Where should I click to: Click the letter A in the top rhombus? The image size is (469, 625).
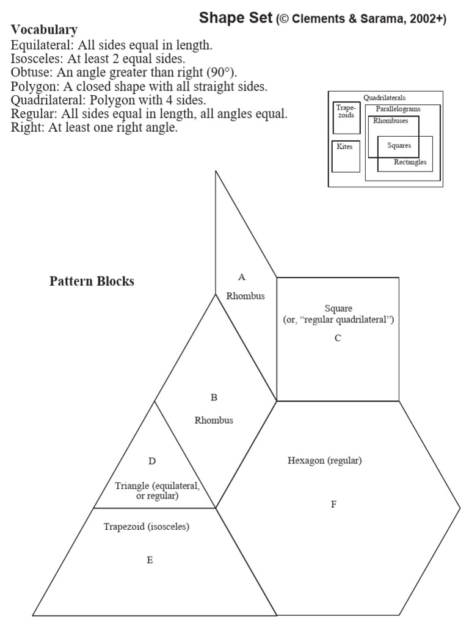(x=242, y=277)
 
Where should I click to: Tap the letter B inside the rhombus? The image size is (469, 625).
(x=214, y=397)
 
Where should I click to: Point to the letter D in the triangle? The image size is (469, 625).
(x=153, y=461)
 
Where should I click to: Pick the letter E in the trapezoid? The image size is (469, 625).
(x=150, y=560)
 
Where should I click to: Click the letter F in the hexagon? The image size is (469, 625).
(x=333, y=505)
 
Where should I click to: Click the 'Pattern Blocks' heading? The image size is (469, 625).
(x=92, y=281)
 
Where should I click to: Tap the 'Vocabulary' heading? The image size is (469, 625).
(x=44, y=29)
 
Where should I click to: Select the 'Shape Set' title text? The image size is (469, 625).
(x=235, y=19)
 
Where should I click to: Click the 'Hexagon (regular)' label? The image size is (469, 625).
(x=325, y=461)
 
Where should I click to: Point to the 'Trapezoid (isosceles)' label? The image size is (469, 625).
(x=146, y=527)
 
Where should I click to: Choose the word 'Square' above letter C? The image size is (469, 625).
(x=338, y=308)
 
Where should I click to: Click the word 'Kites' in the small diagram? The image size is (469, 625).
(x=344, y=146)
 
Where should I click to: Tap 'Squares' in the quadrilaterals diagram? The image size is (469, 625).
(x=399, y=146)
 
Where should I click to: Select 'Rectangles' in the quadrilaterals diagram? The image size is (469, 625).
(x=410, y=162)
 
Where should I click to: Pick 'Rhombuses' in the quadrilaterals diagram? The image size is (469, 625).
(x=391, y=120)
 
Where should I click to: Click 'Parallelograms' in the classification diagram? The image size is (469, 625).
(x=398, y=109)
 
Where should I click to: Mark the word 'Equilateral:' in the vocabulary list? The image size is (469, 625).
(x=40, y=45)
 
